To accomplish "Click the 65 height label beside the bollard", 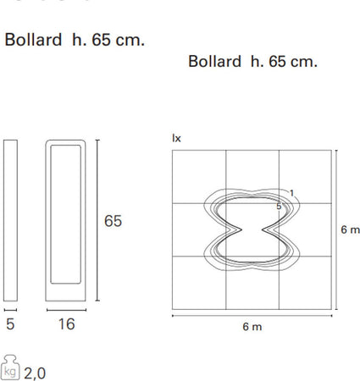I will [x=113, y=221].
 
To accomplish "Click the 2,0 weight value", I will [x=36, y=371].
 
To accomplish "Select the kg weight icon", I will [x=11, y=368].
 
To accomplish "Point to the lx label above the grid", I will [x=176, y=136].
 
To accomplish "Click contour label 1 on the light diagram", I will [x=291, y=194].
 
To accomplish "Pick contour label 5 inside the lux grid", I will [x=279, y=206].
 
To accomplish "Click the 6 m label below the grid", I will [x=252, y=327].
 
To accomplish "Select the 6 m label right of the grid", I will [x=349, y=229].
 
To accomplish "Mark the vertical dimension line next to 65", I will [x=96, y=221].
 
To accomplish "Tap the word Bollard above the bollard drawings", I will [x=32, y=40].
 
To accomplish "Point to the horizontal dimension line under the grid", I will [x=252, y=315].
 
